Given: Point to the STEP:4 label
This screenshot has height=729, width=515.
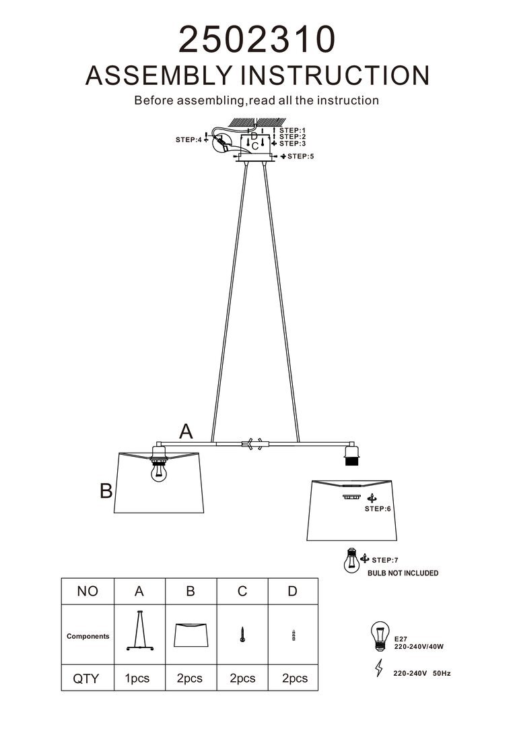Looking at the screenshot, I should pyautogui.click(x=188, y=139).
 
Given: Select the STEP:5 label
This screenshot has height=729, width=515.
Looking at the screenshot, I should pyautogui.click(x=300, y=156).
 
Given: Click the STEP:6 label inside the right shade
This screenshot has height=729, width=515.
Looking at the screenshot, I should pyautogui.click(x=377, y=509).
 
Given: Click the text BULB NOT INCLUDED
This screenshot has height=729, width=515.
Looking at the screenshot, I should pyautogui.click(x=403, y=573).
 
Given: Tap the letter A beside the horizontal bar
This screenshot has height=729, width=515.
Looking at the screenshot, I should pyautogui.click(x=186, y=432).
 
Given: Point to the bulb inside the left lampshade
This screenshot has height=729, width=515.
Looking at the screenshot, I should pyautogui.click(x=159, y=473).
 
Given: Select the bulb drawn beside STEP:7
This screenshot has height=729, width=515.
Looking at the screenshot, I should pyautogui.click(x=350, y=561).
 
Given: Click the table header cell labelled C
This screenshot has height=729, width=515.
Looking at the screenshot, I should pyautogui.click(x=242, y=591).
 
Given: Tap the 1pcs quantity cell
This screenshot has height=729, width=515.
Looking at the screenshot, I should pyautogui.click(x=137, y=678).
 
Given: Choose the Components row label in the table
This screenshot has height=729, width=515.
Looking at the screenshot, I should pyautogui.click(x=88, y=636).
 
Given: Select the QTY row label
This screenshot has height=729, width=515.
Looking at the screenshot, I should pyautogui.click(x=85, y=678).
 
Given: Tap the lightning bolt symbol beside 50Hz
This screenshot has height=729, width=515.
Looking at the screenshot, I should pyautogui.click(x=378, y=669).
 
